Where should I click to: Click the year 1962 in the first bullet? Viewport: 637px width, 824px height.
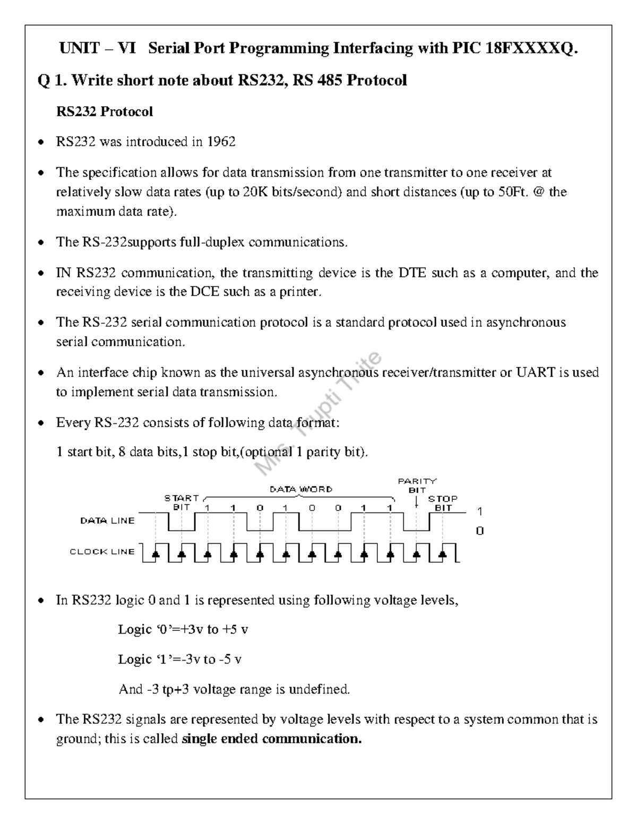pyautogui.click(x=221, y=142)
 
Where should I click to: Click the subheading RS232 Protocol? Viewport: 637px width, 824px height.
pyautogui.click(x=105, y=112)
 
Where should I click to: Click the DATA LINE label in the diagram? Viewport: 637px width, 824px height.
pyautogui.click(x=108, y=521)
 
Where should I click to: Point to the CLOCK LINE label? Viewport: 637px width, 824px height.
pyautogui.click(x=102, y=552)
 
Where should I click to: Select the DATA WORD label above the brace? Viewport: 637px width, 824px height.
pyautogui.click(x=301, y=489)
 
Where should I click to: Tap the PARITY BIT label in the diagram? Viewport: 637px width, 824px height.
pyautogui.click(x=417, y=485)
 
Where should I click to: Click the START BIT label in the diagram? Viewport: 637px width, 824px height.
pyautogui.click(x=182, y=502)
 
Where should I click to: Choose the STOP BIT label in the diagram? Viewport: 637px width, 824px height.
pyautogui.click(x=443, y=503)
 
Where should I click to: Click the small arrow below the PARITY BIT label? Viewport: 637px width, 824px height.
pyautogui.click(x=417, y=501)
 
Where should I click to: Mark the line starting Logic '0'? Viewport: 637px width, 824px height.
pyautogui.click(x=183, y=630)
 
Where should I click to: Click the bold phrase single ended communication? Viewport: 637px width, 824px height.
pyautogui.click(x=271, y=739)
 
